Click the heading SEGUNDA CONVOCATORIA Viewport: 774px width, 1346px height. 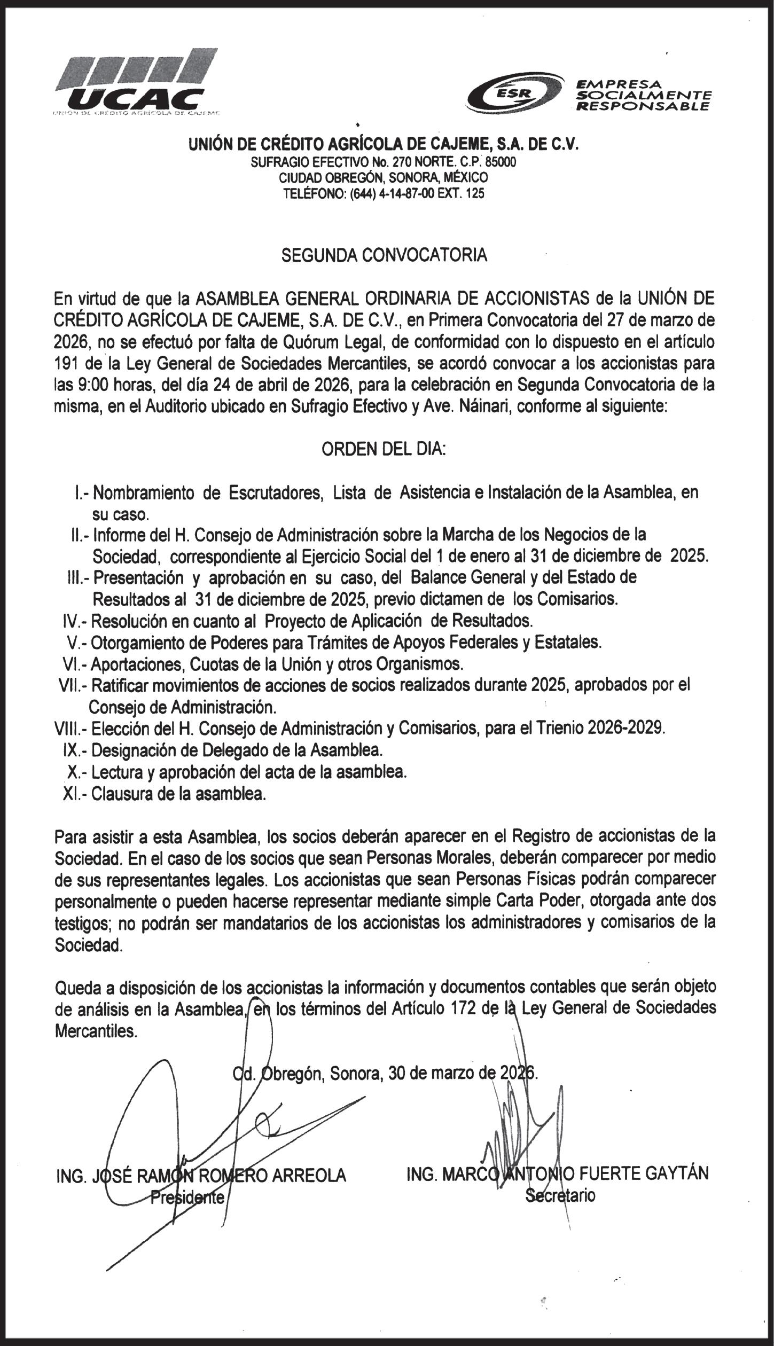(x=384, y=255)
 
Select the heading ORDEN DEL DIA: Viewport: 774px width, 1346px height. (x=384, y=449)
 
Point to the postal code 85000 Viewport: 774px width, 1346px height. (x=501, y=162)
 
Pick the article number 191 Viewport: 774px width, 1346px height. (x=67, y=363)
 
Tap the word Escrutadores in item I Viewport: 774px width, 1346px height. (x=276, y=492)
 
